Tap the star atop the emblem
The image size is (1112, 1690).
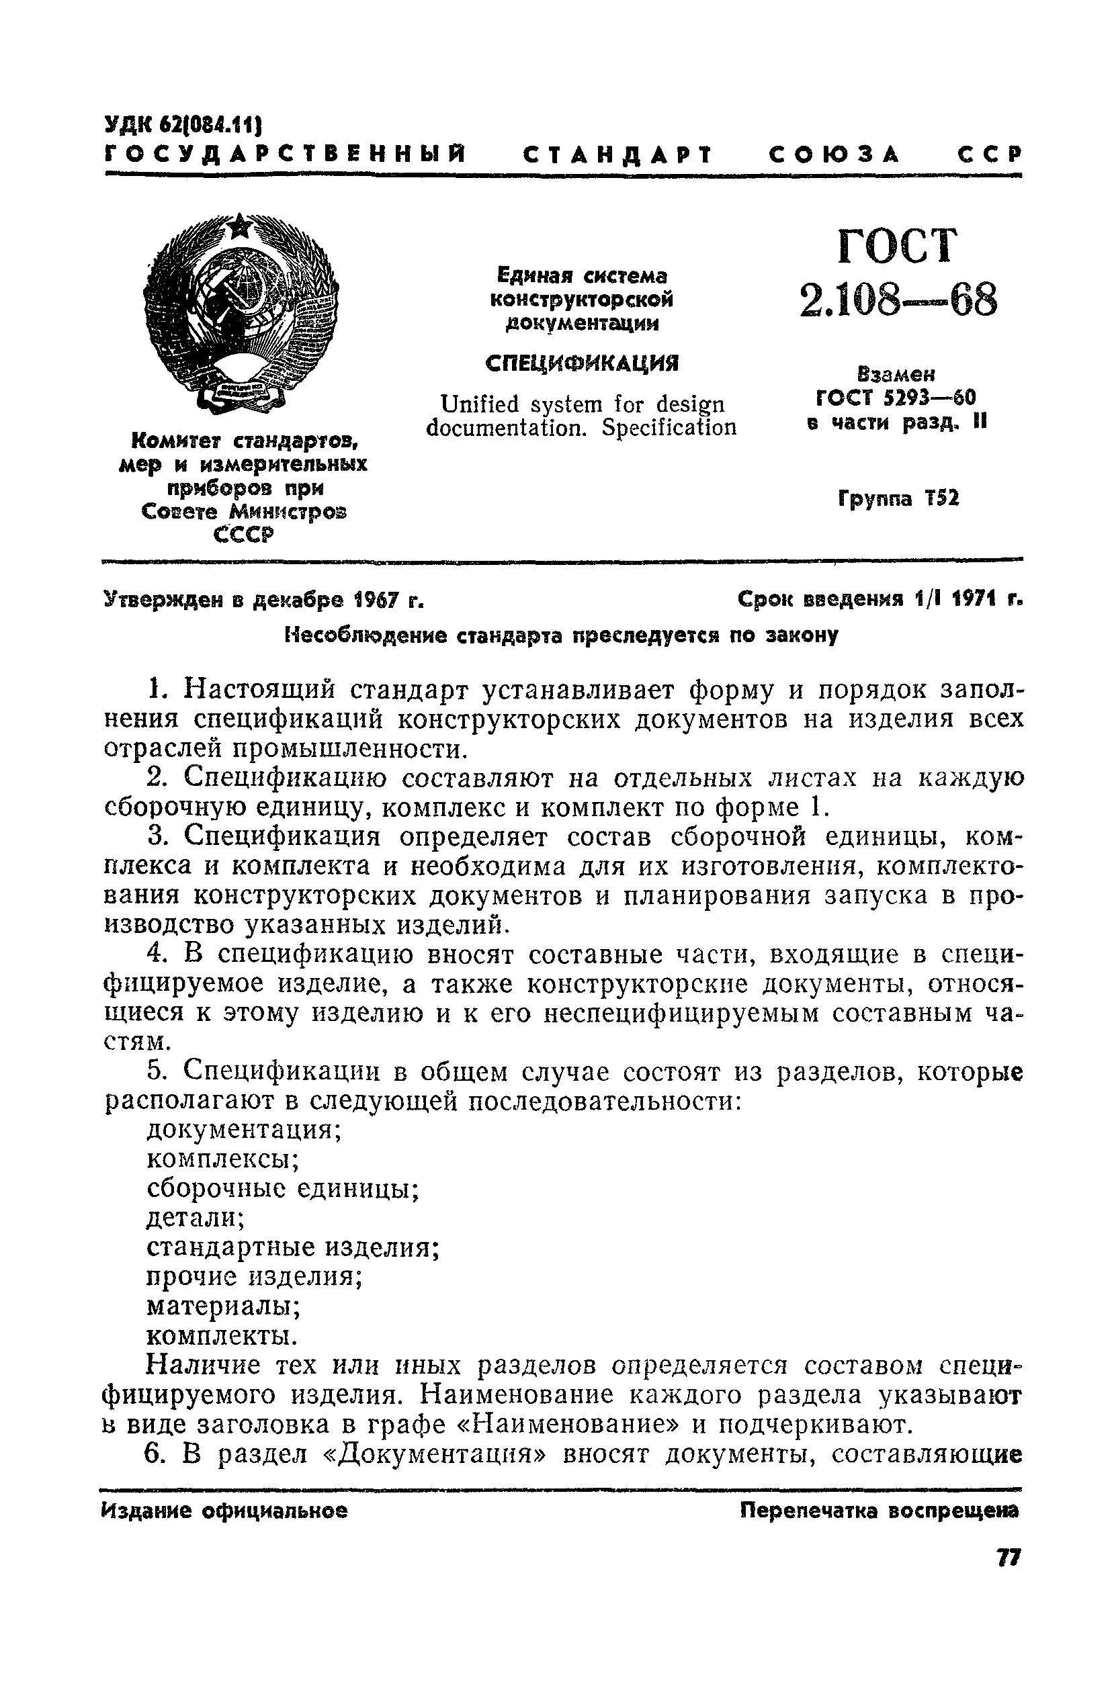point(241,226)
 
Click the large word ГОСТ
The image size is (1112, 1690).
point(898,247)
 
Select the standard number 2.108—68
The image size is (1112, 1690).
point(898,300)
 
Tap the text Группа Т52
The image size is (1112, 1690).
point(898,499)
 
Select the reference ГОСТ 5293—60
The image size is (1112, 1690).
point(897,398)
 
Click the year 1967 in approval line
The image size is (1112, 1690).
point(370,601)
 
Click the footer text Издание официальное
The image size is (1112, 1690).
point(224,1511)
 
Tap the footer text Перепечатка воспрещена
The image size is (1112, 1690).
point(879,1511)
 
